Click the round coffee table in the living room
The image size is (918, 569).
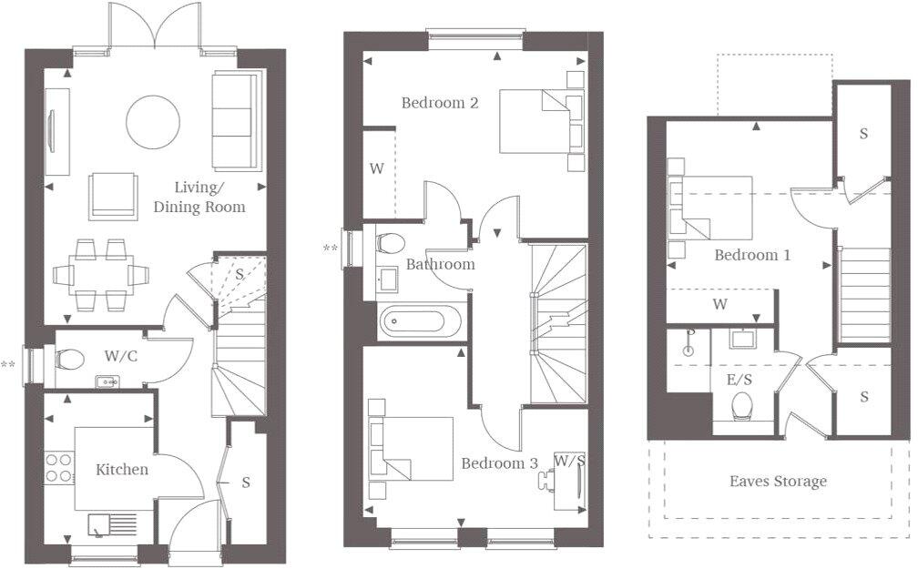point(152,122)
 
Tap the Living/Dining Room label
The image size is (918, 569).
point(199,198)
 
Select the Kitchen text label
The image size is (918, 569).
point(122,470)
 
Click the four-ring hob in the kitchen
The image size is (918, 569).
point(58,467)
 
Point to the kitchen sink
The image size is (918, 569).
point(112,524)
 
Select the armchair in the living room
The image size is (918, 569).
point(114,197)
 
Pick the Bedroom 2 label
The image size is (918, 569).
point(440,103)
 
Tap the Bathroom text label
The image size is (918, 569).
point(440,265)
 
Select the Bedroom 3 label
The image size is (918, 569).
point(499,462)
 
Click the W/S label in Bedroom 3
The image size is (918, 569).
point(569,461)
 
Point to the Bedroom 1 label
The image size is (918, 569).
point(751,255)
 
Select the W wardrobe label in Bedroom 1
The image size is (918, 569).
point(719,304)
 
